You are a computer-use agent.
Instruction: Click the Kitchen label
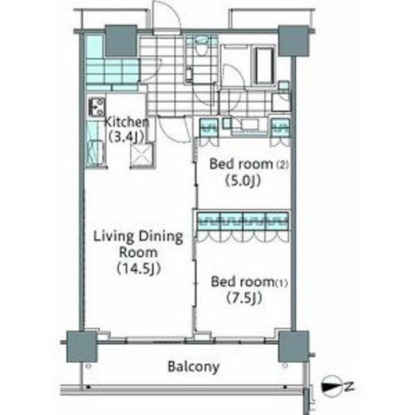(126, 122)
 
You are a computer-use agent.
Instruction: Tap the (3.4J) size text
(127, 136)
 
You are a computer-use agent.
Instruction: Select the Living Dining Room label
(138, 244)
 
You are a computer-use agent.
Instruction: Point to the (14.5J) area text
(139, 268)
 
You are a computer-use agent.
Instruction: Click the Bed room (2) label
(249, 164)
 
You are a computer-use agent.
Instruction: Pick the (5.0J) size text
(243, 181)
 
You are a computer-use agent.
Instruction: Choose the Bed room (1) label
(249, 282)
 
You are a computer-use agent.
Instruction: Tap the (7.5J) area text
(244, 298)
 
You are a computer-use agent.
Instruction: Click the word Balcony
(194, 367)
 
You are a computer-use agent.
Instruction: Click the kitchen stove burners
(97, 107)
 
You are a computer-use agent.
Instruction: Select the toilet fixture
(200, 46)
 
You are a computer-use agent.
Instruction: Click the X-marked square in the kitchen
(142, 156)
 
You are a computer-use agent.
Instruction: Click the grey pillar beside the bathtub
(294, 41)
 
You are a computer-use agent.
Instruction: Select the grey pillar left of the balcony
(81, 346)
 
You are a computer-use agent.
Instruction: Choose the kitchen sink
(96, 154)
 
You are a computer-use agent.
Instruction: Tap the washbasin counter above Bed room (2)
(249, 125)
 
